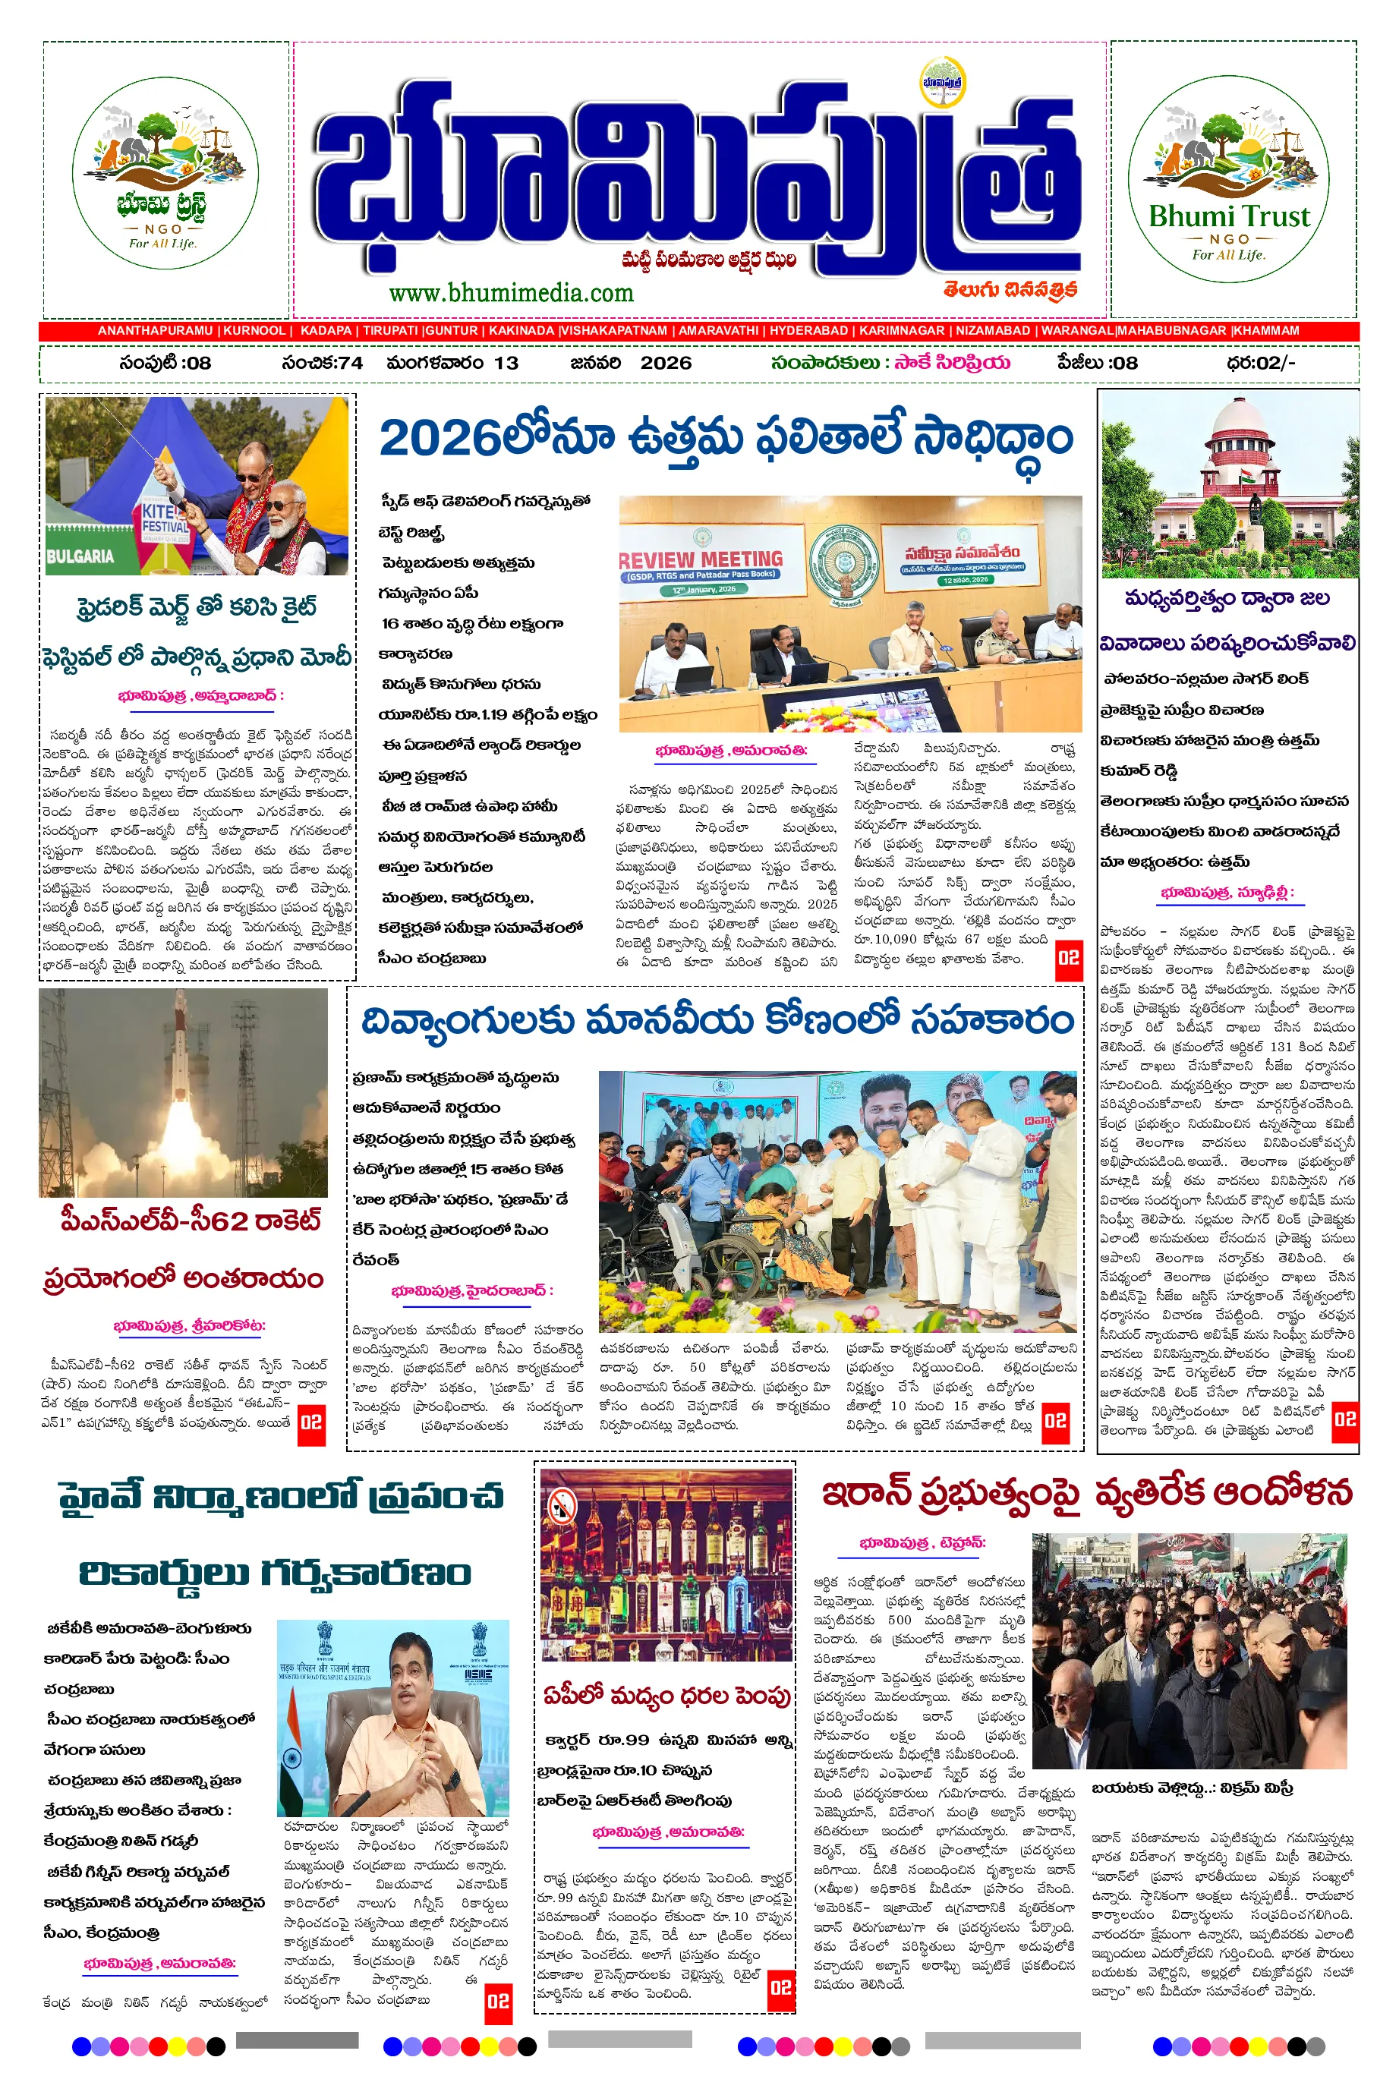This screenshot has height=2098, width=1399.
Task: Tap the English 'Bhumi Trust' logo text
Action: click(x=1230, y=216)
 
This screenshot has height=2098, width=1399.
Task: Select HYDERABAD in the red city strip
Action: click(x=808, y=330)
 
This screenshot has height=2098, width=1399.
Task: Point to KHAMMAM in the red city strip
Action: click(x=1266, y=330)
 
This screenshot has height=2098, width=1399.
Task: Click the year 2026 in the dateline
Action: click(x=666, y=363)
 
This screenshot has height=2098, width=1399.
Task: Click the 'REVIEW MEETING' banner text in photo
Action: click(x=701, y=559)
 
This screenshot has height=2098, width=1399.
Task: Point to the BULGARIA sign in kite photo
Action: click(x=80, y=556)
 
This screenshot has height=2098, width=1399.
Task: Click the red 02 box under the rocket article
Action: click(x=311, y=1422)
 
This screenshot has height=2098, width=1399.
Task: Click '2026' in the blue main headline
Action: click(x=439, y=439)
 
